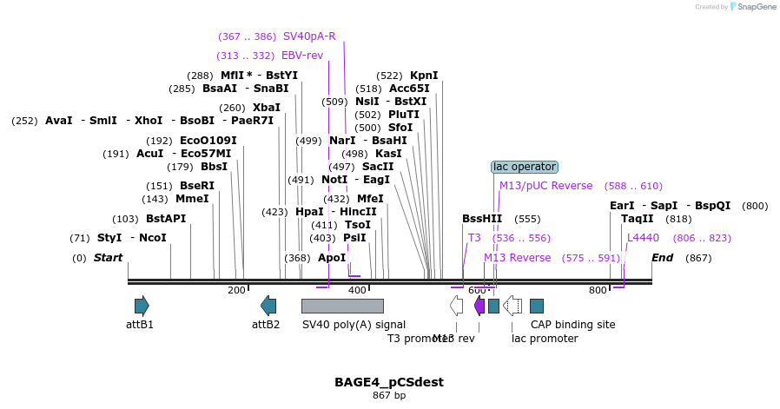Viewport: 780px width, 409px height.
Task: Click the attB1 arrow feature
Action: pos(142,306)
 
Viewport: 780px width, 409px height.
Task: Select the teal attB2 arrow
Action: pos(268,306)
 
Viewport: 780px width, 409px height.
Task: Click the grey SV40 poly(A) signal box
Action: pos(342,306)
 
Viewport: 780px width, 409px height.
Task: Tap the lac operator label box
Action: pos(524,167)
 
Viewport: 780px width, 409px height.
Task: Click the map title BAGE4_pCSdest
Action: pos(389,382)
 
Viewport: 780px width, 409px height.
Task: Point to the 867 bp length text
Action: pos(389,396)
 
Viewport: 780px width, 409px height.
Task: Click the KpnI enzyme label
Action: pos(424,76)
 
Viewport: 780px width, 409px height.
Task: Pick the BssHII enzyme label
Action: pos(482,219)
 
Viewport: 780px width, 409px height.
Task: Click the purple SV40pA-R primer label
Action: pos(309,36)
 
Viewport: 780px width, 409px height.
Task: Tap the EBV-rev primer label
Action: pos(302,56)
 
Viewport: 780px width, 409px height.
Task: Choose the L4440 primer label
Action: pos(643,238)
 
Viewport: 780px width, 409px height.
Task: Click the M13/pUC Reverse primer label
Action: pos(545,186)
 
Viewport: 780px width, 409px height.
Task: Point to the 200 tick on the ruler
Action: pos(236,290)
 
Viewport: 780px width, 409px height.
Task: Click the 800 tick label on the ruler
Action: pos(598,290)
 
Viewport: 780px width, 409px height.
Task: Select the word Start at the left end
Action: pos(108,258)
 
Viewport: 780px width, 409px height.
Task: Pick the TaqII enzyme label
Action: pos(637,219)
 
